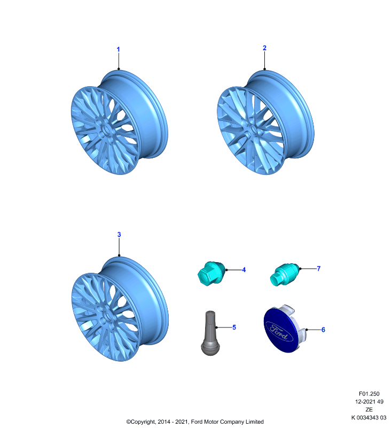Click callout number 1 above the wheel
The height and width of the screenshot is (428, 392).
coord(118,49)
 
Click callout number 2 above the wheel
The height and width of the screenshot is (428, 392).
coord(264,48)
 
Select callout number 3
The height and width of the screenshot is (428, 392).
coord(119,234)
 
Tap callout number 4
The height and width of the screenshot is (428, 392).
coord(244,270)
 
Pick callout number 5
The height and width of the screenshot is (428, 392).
coord(234,327)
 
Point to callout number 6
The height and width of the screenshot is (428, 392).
coord(323,330)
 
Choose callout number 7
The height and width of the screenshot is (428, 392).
coord(318,269)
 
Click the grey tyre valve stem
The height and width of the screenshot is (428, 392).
coord(210,333)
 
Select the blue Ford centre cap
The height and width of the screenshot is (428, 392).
coord(284,328)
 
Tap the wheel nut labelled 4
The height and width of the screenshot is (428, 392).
coord(211,273)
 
